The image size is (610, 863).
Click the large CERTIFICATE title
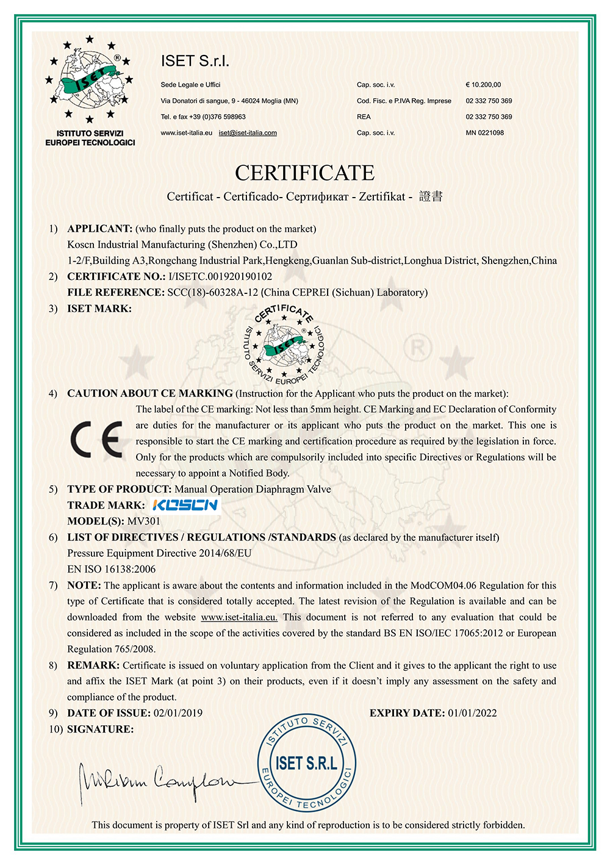pyautogui.click(x=304, y=173)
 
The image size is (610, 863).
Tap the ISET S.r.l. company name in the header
pyautogui.click(x=195, y=61)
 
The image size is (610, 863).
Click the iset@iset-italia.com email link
pyautogui.click(x=248, y=133)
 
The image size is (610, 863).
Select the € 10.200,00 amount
pyautogui.click(x=483, y=85)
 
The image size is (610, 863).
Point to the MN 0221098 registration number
pyautogui.click(x=484, y=133)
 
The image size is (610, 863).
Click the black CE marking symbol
pyautogui.click(x=96, y=439)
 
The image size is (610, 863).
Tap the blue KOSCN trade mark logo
pyautogui.click(x=184, y=505)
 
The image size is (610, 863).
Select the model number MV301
pyautogui.click(x=143, y=521)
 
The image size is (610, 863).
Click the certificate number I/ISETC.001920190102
pyautogui.click(x=220, y=276)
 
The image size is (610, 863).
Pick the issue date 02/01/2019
pyautogui.click(x=178, y=713)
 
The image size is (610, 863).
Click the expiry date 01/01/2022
pyautogui.click(x=472, y=713)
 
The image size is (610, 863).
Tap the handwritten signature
pyautogui.click(x=159, y=781)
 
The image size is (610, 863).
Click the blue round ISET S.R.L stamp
pyautogui.click(x=306, y=763)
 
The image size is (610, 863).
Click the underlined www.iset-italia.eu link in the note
pyautogui.click(x=239, y=617)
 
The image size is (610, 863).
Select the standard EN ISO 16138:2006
pyautogui.click(x=112, y=570)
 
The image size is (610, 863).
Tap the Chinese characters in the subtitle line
pyautogui.click(x=431, y=196)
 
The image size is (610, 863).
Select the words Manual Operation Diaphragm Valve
pyautogui.click(x=253, y=489)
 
